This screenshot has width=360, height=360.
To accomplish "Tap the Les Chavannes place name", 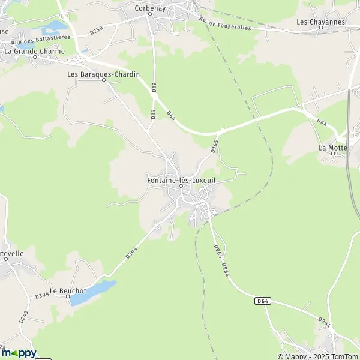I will point(321,22).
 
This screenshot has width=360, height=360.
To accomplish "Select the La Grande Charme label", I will point(34,52).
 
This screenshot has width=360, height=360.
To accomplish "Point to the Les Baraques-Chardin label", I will point(104,74).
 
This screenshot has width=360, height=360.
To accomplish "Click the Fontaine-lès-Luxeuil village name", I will point(181,179).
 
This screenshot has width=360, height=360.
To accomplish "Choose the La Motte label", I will point(334,147).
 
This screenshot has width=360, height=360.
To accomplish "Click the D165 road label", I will point(214,145).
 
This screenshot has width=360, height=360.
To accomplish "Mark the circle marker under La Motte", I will point(334,154).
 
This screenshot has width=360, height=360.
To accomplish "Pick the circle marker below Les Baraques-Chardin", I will point(104,81).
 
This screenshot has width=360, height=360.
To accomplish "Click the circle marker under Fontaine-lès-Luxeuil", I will point(181,186).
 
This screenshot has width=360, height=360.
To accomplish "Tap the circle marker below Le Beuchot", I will point(68,298).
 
